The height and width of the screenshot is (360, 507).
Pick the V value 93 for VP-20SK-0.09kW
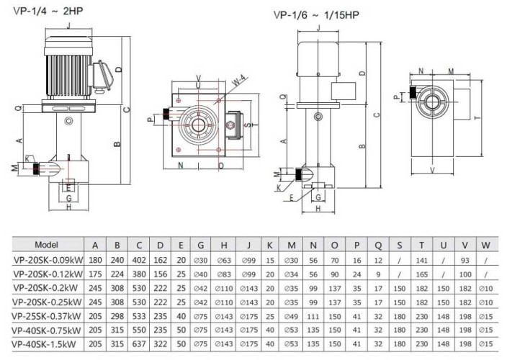pos(465,260)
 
